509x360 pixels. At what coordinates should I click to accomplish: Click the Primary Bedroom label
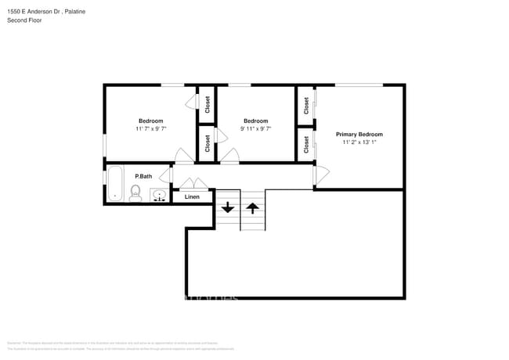coord(359,135)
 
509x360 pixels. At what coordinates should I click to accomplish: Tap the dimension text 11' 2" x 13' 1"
coord(359,143)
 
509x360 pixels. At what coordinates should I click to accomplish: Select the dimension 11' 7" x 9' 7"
coord(150,128)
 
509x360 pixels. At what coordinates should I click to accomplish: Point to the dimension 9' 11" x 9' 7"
coord(255,128)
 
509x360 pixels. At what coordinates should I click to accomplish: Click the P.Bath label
coord(143,176)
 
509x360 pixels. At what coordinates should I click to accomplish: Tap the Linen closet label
coord(192,196)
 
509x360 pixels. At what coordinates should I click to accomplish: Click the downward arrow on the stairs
coord(227,207)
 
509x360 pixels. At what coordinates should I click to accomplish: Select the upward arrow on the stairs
coord(253,207)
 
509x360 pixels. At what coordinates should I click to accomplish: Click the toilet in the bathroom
coord(135,193)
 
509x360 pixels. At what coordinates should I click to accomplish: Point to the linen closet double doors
coord(192,185)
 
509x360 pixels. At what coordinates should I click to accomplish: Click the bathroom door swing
coord(180,156)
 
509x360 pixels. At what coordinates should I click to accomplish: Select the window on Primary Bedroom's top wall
coord(359,85)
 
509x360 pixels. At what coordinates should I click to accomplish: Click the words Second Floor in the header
coord(23,20)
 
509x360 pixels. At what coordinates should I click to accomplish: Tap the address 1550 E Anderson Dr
coord(32,9)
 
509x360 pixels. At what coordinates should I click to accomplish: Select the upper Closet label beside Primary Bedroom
coord(305,105)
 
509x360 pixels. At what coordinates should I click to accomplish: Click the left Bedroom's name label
coord(150,121)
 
